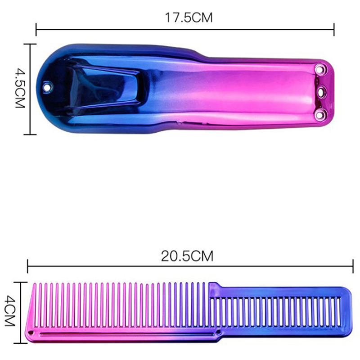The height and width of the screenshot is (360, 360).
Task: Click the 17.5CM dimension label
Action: [189, 18]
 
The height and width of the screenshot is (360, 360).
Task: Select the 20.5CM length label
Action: [187, 256]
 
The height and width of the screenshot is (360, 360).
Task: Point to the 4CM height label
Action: [9, 310]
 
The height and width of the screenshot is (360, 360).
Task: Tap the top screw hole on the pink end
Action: [319, 68]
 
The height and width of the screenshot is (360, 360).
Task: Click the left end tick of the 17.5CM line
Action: [36, 29]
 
